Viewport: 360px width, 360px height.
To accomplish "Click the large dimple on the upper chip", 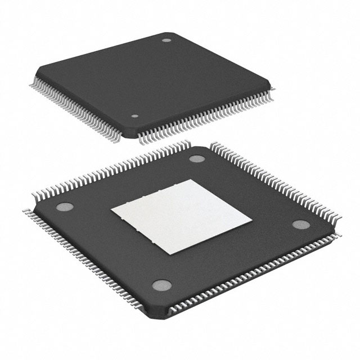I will click(x=166, y=40).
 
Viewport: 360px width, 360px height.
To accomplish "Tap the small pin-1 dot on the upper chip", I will click(x=134, y=117).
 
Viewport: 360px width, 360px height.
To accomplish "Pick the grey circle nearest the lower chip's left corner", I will click(x=64, y=206).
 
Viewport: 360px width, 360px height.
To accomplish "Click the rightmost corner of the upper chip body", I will click(x=276, y=83).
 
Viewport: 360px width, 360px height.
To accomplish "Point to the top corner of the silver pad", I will click(x=190, y=179).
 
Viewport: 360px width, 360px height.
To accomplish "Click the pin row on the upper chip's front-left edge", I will click(x=79, y=110).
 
